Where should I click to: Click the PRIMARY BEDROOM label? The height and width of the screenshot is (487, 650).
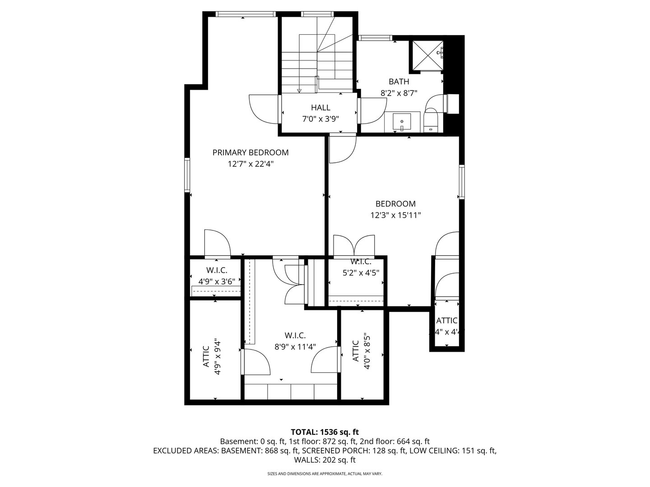click(251, 152)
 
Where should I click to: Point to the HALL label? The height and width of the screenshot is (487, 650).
click(320, 108)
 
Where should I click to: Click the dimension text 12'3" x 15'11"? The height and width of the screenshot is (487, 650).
click(395, 216)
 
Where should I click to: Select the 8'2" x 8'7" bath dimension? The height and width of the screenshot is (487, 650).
click(399, 93)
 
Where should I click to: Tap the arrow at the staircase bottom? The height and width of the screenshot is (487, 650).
click(299, 90)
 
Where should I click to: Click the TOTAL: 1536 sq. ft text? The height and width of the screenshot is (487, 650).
click(325, 432)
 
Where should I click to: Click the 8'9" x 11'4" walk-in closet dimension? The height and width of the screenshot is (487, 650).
click(295, 347)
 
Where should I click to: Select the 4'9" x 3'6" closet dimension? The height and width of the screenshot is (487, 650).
click(217, 281)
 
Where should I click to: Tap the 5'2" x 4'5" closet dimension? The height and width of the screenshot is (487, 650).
click(360, 272)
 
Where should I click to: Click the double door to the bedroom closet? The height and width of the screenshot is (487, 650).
click(354, 246)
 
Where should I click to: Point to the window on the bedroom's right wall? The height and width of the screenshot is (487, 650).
click(462, 182)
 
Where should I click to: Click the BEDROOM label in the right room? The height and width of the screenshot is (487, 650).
click(395, 204)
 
